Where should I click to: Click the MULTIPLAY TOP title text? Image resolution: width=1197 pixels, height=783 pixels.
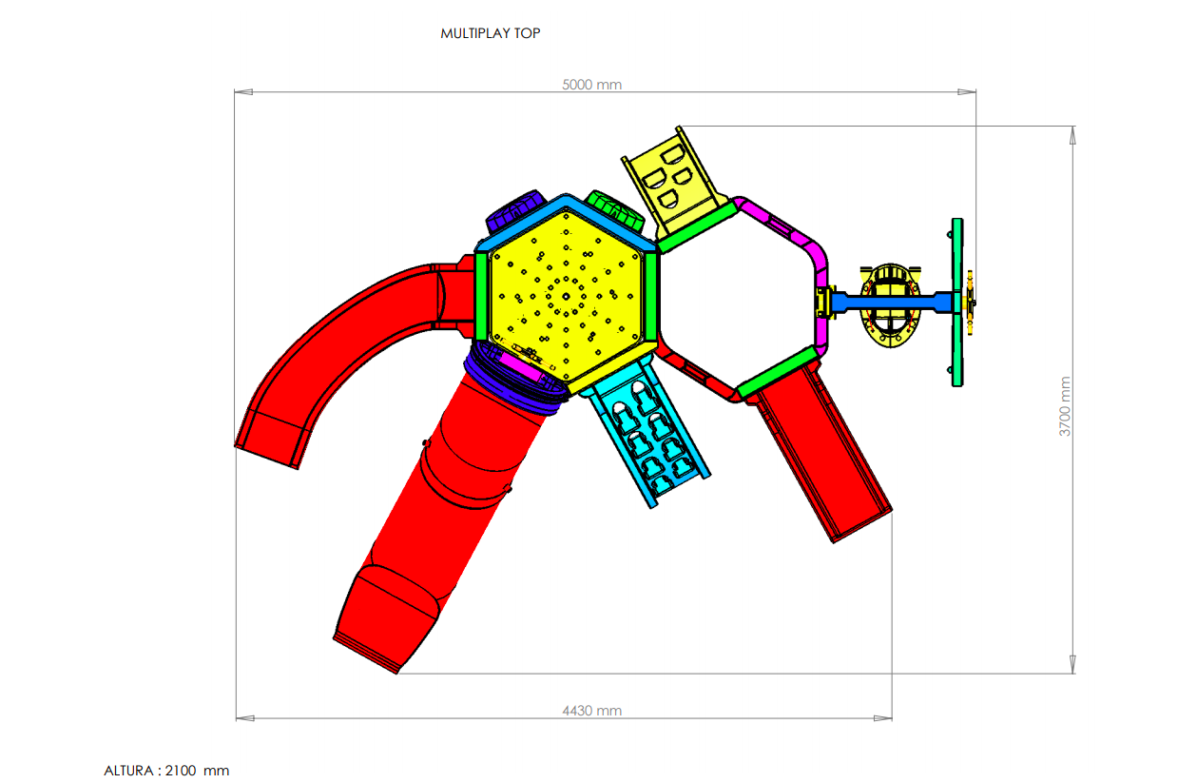490,33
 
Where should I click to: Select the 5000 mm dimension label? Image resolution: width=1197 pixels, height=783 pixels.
591,85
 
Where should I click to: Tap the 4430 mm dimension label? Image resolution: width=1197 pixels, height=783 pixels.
591,711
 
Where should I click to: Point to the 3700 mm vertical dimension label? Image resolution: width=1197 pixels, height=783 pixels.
1065,406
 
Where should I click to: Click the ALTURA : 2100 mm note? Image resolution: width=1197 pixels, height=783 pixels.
166,771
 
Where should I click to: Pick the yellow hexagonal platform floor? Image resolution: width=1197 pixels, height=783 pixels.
566,296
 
